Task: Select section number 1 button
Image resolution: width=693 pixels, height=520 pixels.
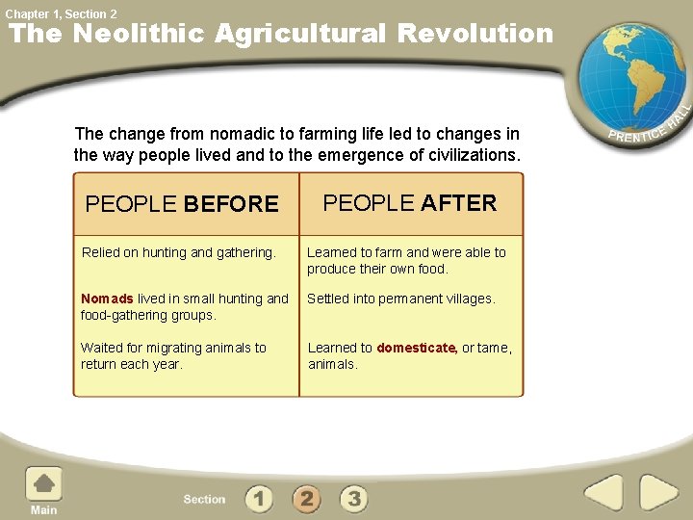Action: [258, 498]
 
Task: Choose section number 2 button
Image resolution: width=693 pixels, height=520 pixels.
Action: [306, 498]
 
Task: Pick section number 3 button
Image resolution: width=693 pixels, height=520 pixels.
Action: [354, 498]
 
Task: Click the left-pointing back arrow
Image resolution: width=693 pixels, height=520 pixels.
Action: [603, 494]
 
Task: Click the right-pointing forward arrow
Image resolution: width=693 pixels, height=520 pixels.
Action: [659, 494]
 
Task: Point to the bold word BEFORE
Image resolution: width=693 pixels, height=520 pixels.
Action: [231, 204]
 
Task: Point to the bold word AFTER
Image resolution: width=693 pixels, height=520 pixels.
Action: [459, 203]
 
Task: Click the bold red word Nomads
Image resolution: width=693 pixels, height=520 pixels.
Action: [107, 299]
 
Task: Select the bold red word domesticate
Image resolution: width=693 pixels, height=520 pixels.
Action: [417, 348]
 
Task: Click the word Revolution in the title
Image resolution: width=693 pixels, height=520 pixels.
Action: [475, 34]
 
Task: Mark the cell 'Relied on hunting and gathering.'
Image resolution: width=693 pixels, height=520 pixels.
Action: [179, 252]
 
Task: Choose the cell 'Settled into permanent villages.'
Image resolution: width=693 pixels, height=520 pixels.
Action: [401, 299]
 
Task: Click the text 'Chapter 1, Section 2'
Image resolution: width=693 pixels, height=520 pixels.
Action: [61, 13]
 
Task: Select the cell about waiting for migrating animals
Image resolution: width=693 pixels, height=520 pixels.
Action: [173, 355]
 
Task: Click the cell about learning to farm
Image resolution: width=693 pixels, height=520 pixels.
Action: [406, 260]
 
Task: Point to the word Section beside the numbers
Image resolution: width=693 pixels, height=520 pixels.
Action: [204, 499]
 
